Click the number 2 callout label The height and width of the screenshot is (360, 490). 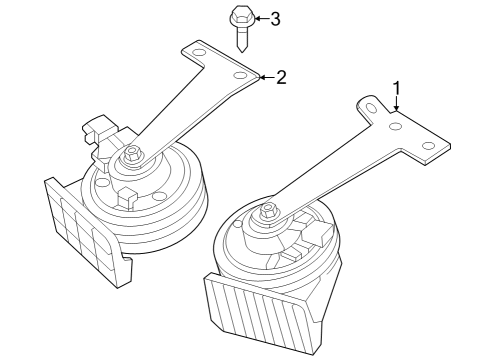point(282,77)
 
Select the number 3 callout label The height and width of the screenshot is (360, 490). point(276,17)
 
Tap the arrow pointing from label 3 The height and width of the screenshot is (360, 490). point(259,17)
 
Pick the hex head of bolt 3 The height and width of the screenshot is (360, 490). point(241,17)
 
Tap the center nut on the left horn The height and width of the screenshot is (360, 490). point(132,155)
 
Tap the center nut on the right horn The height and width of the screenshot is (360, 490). point(268,211)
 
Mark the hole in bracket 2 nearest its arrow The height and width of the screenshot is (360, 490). point(239,75)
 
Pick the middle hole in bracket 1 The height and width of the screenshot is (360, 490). point(396,127)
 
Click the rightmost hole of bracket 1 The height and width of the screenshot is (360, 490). point(429,146)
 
